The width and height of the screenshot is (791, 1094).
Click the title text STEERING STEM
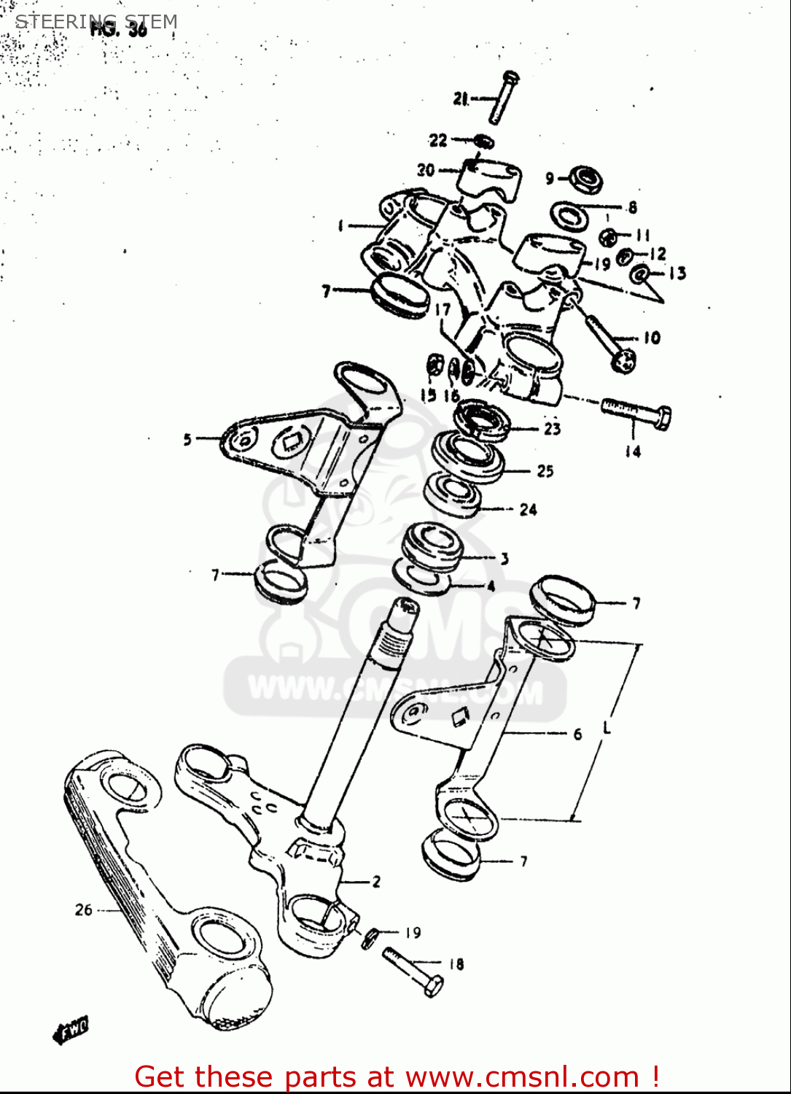pos(96,22)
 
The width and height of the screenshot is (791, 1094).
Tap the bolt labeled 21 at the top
pos(504,98)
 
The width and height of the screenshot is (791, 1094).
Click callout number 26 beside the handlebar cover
pos(84,909)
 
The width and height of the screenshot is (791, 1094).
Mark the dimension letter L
pos(607,727)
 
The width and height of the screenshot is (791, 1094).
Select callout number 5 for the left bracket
pos(187,439)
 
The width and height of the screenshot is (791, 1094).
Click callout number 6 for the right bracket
pos(577,734)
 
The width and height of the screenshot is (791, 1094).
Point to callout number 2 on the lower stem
pos(376,882)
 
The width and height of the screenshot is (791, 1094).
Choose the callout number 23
pos(552,429)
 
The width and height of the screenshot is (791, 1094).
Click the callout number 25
pos(545,471)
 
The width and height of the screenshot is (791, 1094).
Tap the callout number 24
pos(529,510)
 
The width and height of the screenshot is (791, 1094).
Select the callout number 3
pos(504,559)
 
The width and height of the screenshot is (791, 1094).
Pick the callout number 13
pos(677,273)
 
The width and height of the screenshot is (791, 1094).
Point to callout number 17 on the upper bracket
pos(443,310)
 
